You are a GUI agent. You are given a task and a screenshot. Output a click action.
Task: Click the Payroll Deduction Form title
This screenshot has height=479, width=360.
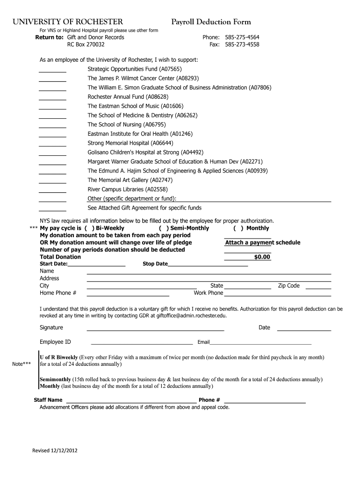tap(211, 22)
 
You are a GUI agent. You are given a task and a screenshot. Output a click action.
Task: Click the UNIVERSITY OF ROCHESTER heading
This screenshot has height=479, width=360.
tap(68, 22)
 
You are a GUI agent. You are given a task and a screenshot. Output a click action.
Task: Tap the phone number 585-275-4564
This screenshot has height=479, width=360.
tap(242, 37)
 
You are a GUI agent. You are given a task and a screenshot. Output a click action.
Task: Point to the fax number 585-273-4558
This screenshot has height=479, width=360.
tap(242, 45)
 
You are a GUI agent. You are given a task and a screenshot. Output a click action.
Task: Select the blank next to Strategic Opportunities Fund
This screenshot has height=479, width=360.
tap(52, 72)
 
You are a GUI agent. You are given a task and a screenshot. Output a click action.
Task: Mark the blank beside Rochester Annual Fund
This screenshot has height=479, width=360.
tap(52, 99)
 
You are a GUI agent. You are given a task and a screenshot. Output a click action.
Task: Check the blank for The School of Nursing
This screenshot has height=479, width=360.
tap(52, 127)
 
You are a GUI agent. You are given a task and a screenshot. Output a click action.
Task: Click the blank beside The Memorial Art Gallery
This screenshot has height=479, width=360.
tap(52, 182)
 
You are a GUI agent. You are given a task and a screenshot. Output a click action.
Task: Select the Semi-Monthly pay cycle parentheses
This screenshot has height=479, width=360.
tap(164, 228)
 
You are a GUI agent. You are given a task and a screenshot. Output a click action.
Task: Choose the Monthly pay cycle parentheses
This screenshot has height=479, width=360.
tap(238, 228)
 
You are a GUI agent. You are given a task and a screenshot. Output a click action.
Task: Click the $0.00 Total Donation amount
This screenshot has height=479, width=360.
tap(262, 257)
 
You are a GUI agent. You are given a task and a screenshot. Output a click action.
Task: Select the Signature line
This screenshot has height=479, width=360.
tap(155, 330)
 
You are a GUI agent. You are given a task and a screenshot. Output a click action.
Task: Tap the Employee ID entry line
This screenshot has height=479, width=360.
tap(141, 343)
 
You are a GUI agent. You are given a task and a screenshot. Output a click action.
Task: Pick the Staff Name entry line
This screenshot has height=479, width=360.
tap(130, 401)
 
